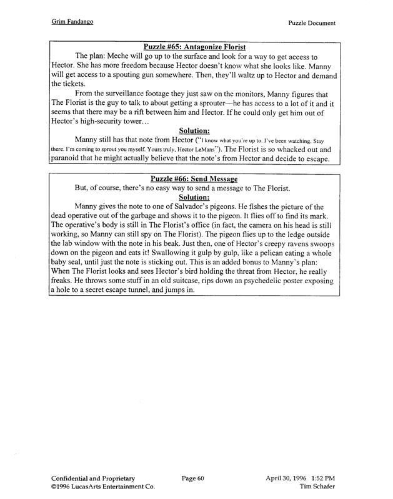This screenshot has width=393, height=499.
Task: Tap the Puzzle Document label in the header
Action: pyautogui.click(x=312, y=23)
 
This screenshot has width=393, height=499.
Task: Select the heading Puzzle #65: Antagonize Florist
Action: pyautogui.click(x=194, y=47)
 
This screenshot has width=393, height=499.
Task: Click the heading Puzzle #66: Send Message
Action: pyautogui.click(x=194, y=179)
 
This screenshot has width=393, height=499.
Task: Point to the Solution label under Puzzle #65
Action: pyautogui.click(x=194, y=130)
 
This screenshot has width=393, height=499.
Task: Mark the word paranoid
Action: pyautogui.click(x=70, y=159)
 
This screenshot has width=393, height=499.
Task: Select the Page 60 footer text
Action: pyautogui.click(x=193, y=478)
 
